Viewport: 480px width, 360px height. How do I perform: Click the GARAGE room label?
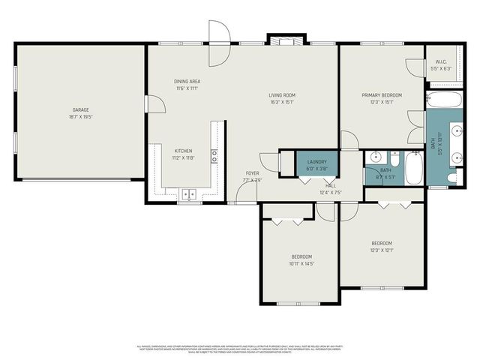point(80,110)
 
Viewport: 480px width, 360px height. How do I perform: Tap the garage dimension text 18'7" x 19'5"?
point(80,118)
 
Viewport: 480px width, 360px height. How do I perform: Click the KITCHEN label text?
point(184,150)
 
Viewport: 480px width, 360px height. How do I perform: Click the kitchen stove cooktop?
point(214,156)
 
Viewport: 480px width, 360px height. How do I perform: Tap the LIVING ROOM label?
point(282,95)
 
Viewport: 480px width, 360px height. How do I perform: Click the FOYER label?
point(252,173)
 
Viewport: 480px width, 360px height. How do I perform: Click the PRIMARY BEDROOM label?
point(381,95)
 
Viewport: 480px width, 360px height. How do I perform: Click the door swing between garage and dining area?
point(155,103)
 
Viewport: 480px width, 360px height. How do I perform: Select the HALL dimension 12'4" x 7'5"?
point(330,192)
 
